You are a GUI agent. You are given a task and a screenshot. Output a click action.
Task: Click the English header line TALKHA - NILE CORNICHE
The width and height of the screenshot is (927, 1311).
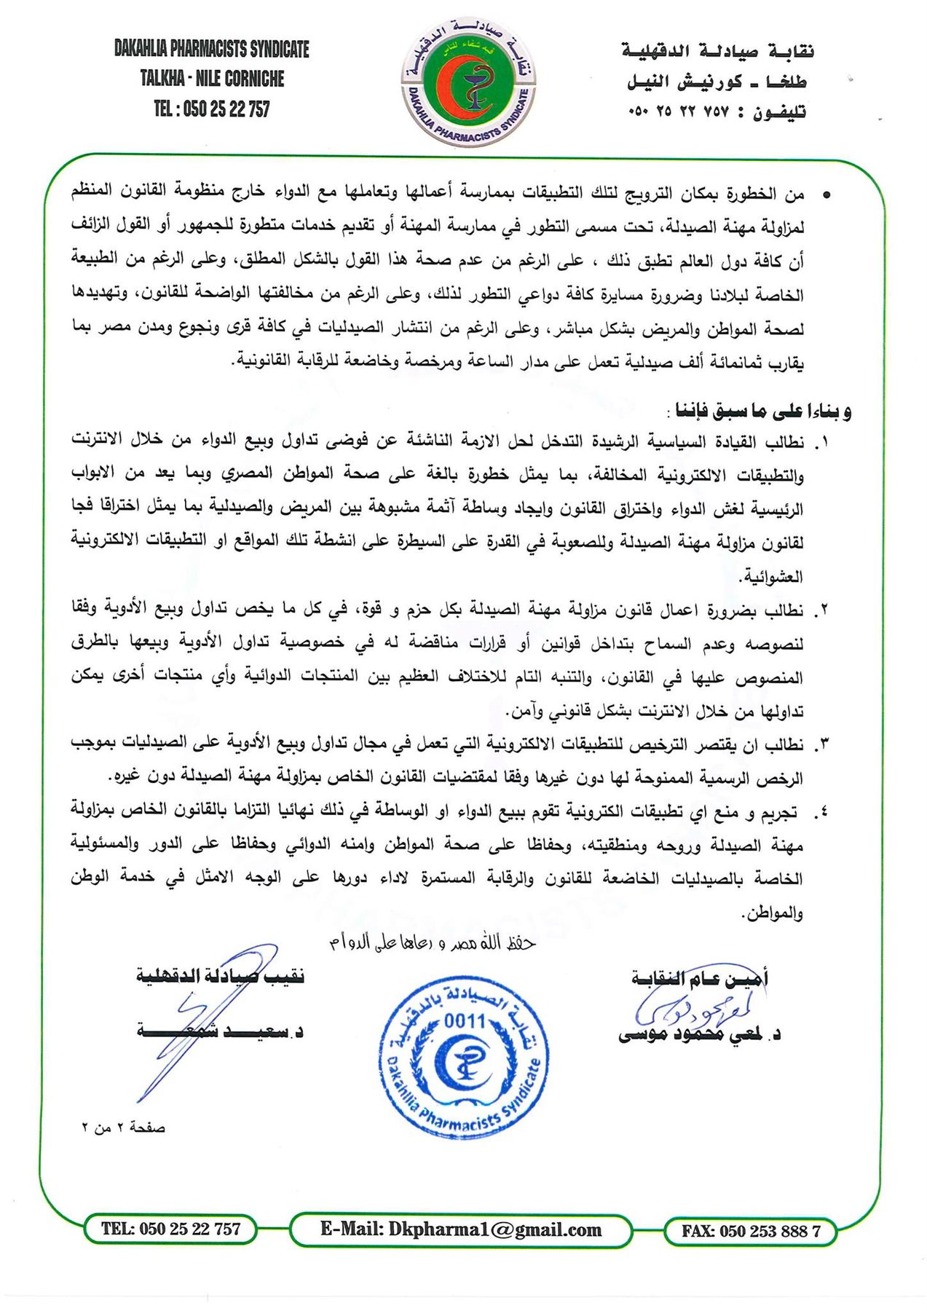coord(212,79)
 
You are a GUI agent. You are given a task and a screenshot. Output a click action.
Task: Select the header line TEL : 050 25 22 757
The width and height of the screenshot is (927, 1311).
coord(212,109)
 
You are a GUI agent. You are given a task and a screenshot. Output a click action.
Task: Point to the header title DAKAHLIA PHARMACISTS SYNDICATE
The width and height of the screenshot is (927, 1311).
coord(212,49)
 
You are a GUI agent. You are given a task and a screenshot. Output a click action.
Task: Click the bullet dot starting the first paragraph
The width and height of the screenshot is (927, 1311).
coord(826,195)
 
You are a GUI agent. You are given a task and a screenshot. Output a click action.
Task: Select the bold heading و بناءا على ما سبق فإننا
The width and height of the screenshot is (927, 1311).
coord(762,412)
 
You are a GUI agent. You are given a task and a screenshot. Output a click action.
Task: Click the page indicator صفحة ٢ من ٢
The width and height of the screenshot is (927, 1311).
coord(123,1127)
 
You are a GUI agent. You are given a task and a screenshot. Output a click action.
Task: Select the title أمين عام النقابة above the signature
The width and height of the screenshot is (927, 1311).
coord(699,978)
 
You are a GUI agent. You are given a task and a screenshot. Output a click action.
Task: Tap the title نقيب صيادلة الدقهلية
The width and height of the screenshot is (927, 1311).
coord(220,976)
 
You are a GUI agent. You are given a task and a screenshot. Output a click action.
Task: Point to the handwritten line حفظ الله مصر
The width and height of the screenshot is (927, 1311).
coord(433,943)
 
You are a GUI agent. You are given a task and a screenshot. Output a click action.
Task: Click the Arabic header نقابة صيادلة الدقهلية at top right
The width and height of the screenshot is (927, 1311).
coord(717,51)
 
